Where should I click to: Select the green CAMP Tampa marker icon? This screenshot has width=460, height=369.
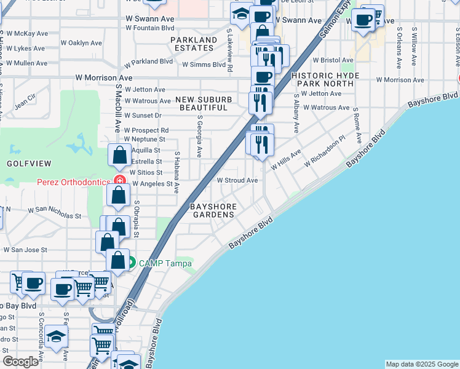[130, 263]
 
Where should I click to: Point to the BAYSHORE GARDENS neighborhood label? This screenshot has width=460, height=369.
[213, 210]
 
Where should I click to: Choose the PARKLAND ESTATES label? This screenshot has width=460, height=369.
[194, 44]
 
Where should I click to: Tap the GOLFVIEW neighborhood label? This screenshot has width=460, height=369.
[28, 163]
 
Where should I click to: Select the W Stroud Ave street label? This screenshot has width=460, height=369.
[237, 180]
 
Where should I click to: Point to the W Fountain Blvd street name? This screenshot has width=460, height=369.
[150, 28]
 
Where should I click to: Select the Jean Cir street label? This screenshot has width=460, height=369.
[26, 101]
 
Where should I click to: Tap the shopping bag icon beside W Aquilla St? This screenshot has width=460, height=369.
[119, 156]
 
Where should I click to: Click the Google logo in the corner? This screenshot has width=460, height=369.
[21, 361]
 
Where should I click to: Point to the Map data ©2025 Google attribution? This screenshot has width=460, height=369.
[422, 364]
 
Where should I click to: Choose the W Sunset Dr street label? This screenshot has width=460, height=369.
[143, 115]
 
